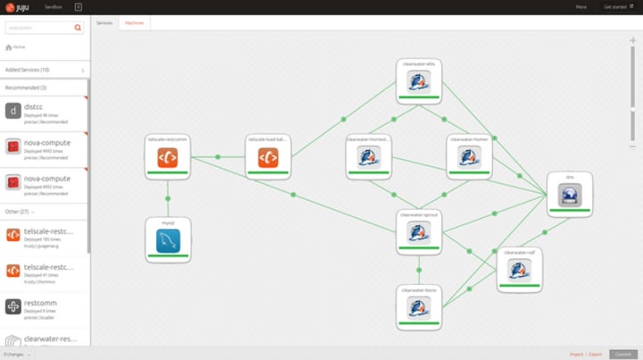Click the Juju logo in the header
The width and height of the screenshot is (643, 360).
coord(17,6)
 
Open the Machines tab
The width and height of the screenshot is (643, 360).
coord(135,22)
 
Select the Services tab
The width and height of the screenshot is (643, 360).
coord(104,22)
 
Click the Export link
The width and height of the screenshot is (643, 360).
coord(596,355)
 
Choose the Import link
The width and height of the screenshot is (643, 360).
coord(576,355)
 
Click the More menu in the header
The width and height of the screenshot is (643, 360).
coord(581,6)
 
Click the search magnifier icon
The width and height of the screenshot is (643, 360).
coord(78,28)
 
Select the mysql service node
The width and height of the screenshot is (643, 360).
coord(168,239)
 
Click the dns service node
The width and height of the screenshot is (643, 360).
coord(570,194)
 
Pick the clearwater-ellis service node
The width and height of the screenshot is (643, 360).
coord(419,81)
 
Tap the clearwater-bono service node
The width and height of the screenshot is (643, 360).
coord(419,307)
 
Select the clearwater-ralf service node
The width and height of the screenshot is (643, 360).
coord(519,270)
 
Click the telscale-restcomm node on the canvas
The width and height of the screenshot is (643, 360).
coord(168,157)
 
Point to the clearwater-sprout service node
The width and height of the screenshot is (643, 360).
coord(419,232)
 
